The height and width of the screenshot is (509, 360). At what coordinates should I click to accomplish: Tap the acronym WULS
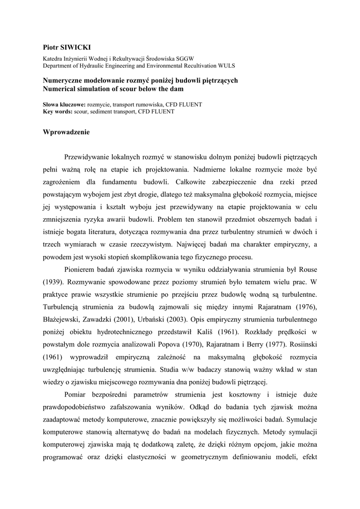tap(225, 65)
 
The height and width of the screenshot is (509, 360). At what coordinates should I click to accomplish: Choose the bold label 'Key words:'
tap(58, 111)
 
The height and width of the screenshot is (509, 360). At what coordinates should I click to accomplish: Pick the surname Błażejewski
tap(64, 318)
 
